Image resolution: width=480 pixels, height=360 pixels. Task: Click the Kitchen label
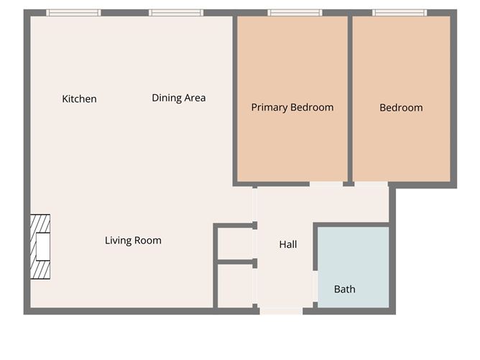(79, 99)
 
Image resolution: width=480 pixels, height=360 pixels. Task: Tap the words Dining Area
(179, 98)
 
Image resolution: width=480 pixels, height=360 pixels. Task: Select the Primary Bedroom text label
(292, 107)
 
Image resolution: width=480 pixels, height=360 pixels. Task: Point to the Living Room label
(133, 241)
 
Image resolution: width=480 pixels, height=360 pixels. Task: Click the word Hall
(287, 244)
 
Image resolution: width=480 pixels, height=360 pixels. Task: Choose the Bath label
(345, 290)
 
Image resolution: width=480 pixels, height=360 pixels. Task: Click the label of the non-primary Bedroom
(401, 108)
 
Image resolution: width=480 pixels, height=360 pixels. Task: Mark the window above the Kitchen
(73, 13)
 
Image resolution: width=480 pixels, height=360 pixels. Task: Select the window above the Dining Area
(176, 13)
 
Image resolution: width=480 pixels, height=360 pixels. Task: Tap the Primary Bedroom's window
(295, 13)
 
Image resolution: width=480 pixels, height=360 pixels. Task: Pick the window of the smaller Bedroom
(400, 13)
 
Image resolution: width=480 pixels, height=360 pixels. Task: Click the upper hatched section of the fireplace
(42, 225)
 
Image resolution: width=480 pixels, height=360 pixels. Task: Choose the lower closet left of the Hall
(235, 286)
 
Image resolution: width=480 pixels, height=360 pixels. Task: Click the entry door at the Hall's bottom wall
(281, 311)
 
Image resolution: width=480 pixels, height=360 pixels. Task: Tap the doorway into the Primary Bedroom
(326, 185)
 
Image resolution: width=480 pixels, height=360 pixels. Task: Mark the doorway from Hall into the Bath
(315, 286)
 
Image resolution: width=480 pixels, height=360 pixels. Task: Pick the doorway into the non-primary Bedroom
(371, 185)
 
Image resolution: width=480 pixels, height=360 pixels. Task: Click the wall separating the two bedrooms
(350, 97)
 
